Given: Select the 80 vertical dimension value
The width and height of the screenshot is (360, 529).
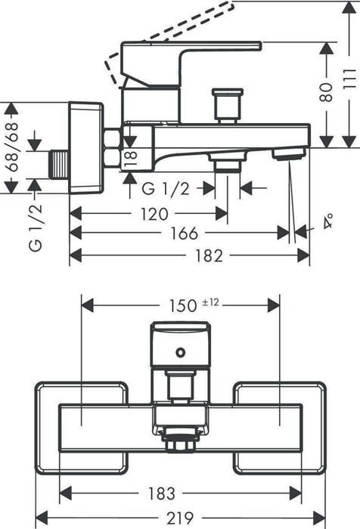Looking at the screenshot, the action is pyautogui.click(x=327, y=92).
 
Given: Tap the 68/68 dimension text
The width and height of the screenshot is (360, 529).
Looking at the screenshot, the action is pyautogui.click(x=12, y=147).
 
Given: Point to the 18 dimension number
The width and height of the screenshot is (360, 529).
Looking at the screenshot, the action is pyautogui.click(x=132, y=158).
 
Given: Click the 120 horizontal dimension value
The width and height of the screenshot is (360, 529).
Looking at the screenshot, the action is pyautogui.click(x=154, y=214).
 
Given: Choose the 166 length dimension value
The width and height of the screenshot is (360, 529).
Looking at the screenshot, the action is pyautogui.click(x=184, y=233).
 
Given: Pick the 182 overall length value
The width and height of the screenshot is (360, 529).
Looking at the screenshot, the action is pyautogui.click(x=209, y=255).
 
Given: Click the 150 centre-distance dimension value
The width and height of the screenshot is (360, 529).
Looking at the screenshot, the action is pyautogui.click(x=183, y=305).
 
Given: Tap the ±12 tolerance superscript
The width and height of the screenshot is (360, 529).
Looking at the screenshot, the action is pyautogui.click(x=210, y=302).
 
